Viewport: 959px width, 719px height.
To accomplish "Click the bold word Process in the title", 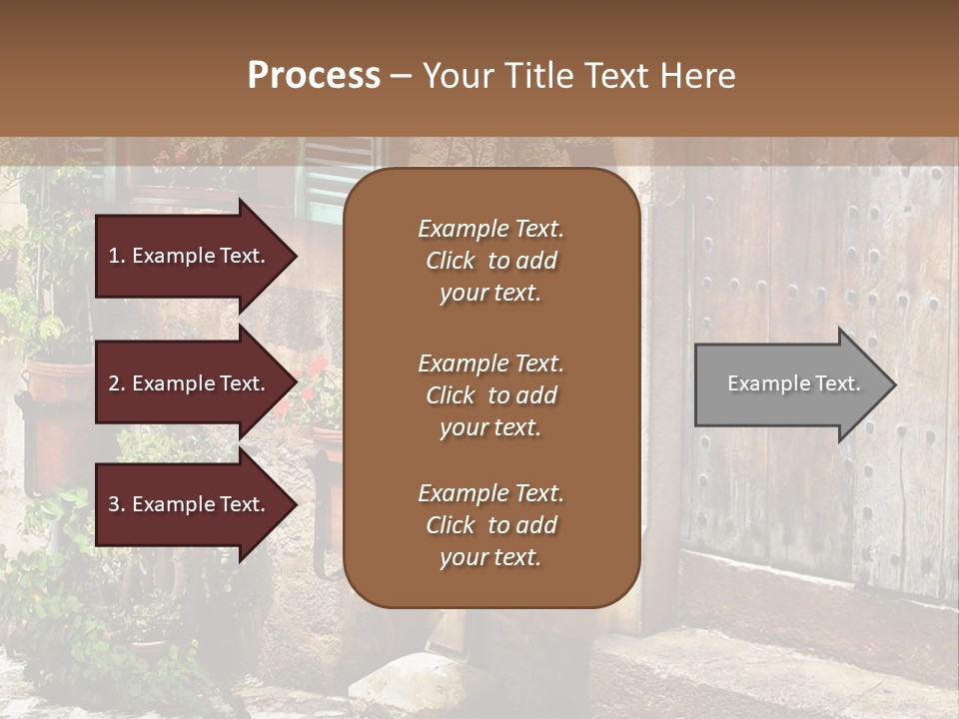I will (314, 76).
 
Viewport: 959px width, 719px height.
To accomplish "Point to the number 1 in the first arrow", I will (114, 256).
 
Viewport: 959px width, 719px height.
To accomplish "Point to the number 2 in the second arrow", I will (114, 383).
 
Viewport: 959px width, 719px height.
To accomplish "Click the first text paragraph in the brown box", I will (490, 261).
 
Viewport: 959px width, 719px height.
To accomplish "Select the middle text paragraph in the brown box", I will (490, 395).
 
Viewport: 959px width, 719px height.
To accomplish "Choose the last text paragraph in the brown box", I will (490, 525).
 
